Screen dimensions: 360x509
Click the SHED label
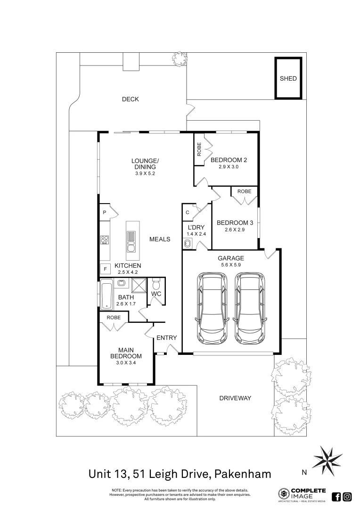288,78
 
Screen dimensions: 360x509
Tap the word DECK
130,99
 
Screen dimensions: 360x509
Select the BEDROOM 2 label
229,160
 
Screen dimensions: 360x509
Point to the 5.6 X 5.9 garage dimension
231,265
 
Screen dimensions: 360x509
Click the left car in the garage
213,307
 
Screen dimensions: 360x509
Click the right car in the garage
249,307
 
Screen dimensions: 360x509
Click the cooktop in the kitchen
105,239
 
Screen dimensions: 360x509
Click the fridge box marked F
105,269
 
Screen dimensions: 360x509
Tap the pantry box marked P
105,212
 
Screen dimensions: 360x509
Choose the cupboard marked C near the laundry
188,213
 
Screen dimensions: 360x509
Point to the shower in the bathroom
139,285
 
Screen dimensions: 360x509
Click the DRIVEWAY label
235,398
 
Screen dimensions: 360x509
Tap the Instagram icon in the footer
347,497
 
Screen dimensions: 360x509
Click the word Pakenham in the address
243,474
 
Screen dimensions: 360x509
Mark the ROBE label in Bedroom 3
244,191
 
